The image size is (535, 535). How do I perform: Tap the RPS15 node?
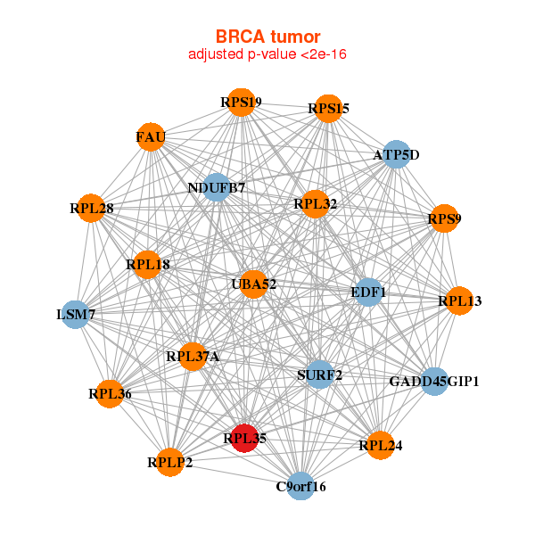pyautogui.click(x=328, y=109)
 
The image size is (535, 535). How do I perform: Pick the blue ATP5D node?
pyautogui.click(x=395, y=155)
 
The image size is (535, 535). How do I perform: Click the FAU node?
pyautogui.click(x=151, y=137)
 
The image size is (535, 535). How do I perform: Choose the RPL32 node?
pyautogui.click(x=316, y=204)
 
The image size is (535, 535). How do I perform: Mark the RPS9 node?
pyautogui.click(x=444, y=218)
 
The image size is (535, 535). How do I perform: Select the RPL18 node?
pyautogui.click(x=148, y=264)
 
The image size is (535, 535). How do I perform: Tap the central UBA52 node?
pyautogui.click(x=254, y=284)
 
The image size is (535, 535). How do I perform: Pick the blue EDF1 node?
pyautogui.click(x=368, y=292)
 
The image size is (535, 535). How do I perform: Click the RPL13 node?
pyautogui.click(x=458, y=301)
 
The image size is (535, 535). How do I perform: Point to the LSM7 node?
pyautogui.click(x=76, y=314)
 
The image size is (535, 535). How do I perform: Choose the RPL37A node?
pyautogui.click(x=193, y=357)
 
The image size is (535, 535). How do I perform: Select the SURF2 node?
pyautogui.click(x=319, y=374)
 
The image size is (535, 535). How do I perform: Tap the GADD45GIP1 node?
pyautogui.click(x=434, y=382)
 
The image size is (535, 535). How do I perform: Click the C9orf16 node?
pyautogui.click(x=301, y=486)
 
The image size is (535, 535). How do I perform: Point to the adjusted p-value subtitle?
pyautogui.click(x=267, y=54)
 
